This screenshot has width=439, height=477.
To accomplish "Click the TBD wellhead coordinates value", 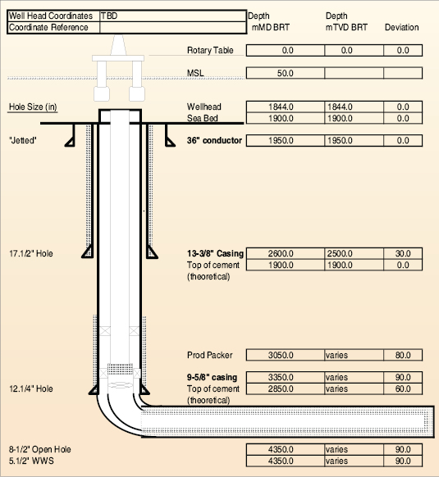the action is pyautogui.click(x=109, y=16).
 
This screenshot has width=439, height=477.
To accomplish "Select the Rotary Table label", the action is pyautogui.click(x=210, y=50).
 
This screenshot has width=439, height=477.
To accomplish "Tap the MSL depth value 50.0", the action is pyautogui.click(x=286, y=73).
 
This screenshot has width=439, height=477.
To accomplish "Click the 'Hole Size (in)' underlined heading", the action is pyautogui.click(x=33, y=107).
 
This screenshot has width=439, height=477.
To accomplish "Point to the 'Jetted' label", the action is pyautogui.click(x=23, y=140).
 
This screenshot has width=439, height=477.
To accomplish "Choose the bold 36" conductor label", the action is pyautogui.click(x=214, y=140).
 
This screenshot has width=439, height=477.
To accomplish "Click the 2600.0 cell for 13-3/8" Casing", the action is pyautogui.click(x=281, y=253).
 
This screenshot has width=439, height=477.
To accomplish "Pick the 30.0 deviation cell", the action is pyautogui.click(x=403, y=253).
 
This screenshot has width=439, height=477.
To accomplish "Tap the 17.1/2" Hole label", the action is pyautogui.click(x=31, y=253).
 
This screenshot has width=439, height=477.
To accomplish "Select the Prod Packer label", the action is pyautogui.click(x=210, y=355).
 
